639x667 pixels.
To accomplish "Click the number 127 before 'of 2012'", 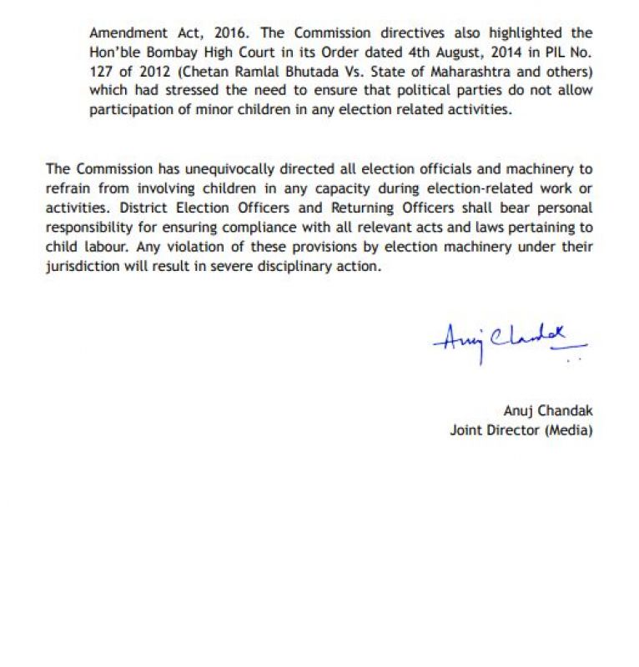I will [x=102, y=72].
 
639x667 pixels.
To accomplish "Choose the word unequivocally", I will [x=216, y=168].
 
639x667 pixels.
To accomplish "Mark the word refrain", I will [x=67, y=188].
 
